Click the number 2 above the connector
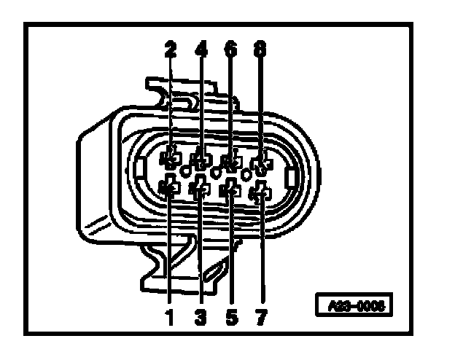171,50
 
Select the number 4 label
201,50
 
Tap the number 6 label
231,50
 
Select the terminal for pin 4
201,160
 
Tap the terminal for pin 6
230,161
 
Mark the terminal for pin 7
261,193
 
